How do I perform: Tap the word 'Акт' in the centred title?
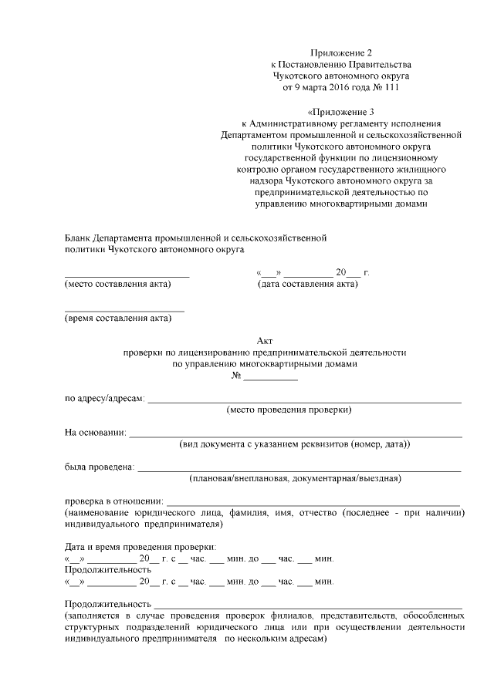[264, 340]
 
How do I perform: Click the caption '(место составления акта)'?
[117, 285]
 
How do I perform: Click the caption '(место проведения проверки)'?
[289, 410]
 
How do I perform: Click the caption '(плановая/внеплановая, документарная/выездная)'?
[295, 479]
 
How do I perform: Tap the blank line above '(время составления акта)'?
[123, 309]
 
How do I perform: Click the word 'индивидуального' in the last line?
[100, 649]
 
